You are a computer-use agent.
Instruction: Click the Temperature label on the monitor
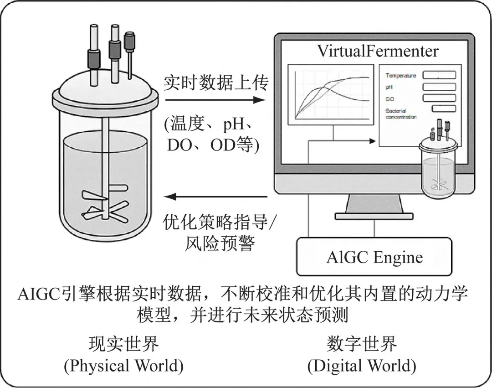point(400,76)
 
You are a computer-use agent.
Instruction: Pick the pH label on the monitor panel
point(389,87)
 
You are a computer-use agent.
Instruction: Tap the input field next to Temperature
point(439,75)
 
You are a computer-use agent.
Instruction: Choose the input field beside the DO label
point(439,98)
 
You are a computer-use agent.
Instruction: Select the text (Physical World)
point(123,366)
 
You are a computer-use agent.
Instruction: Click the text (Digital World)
point(362,366)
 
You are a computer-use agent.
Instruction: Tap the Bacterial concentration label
point(401,114)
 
